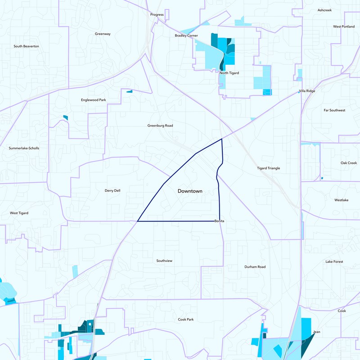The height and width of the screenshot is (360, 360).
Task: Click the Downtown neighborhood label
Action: coord(190,191)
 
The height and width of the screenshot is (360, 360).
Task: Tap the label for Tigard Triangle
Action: coord(268,168)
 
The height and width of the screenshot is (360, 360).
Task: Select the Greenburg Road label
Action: coord(160,126)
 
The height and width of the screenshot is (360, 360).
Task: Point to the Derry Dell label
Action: coord(112,191)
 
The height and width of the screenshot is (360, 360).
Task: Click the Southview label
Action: coord(164,261)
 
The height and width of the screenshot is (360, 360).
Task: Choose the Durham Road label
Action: coord(255,267)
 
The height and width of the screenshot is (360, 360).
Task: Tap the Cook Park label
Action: coord(185,319)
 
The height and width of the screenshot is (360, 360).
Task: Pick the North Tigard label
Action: coord(229,73)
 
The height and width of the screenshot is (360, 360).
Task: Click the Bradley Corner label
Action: coord(186,36)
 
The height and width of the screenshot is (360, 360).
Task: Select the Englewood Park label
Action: coord(93,100)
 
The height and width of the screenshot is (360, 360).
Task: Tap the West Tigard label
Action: coord(19,213)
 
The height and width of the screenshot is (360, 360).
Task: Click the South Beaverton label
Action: coord(26,46)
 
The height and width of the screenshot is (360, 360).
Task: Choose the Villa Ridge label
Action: coord(307,91)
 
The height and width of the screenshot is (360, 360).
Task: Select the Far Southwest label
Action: coord(334,110)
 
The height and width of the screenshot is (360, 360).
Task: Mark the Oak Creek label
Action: coord(348,163)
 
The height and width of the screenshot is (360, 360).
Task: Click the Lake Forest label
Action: coord(334,261)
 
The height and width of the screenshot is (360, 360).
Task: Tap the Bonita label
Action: coord(219,221)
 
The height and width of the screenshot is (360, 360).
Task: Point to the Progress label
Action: coord(157,15)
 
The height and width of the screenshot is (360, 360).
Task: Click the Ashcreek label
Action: coord(324,10)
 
